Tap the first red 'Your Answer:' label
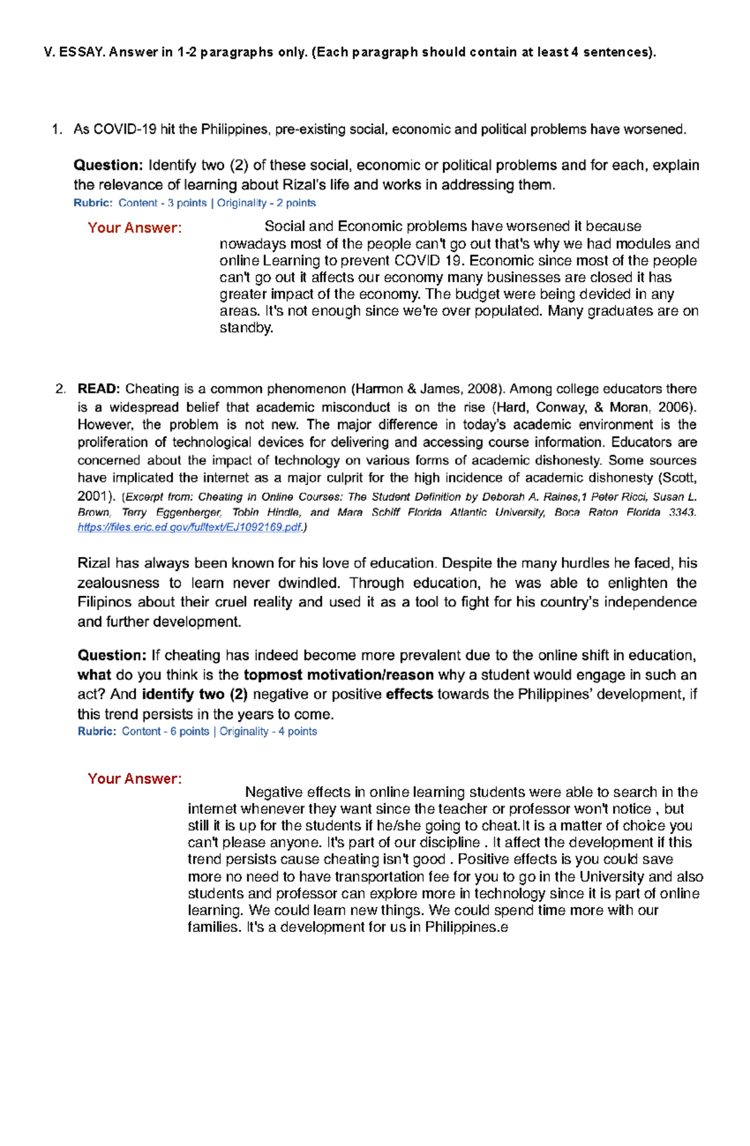click(134, 228)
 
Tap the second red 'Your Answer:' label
click(134, 779)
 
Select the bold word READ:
click(98, 389)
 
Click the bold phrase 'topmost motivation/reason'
click(338, 675)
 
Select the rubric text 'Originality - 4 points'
click(268, 731)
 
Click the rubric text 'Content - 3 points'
click(162, 203)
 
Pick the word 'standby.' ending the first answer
click(246, 328)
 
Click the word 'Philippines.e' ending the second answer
click(466, 927)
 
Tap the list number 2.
click(60, 389)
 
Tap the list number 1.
click(57, 130)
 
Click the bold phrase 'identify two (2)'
click(194, 694)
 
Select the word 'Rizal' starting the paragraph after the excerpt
click(94, 563)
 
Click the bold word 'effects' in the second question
click(409, 694)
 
